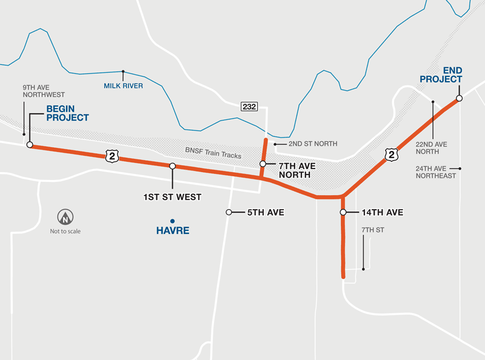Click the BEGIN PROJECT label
[67, 113]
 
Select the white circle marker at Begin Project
[29, 145]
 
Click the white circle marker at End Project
[460, 98]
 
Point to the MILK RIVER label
[123, 85]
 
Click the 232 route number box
[249, 107]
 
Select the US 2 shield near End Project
[392, 155]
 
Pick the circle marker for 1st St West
[172, 166]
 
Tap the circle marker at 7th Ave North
[263, 164]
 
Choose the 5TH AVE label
[265, 213]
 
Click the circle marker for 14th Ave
[343, 213]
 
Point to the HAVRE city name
[172, 231]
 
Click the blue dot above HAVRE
[172, 221]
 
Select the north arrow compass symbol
[65, 217]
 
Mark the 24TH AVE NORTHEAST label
[436, 172]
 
